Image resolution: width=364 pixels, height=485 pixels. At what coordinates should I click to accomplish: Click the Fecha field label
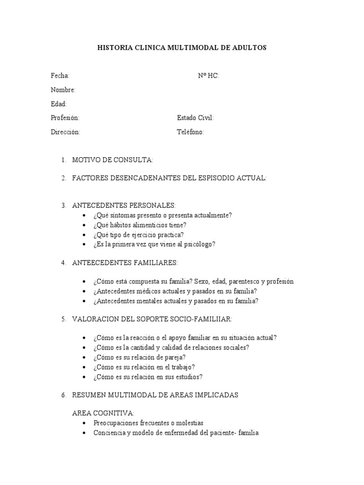(x=60, y=76)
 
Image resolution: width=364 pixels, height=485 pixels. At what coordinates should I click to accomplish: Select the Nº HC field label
(x=208, y=76)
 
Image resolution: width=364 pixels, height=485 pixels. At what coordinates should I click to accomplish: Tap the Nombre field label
(x=63, y=90)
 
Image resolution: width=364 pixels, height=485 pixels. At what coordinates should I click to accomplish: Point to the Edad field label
(x=59, y=104)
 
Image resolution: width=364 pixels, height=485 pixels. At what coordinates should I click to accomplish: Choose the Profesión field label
(x=65, y=118)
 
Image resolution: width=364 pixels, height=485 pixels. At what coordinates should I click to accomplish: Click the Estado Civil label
(x=195, y=118)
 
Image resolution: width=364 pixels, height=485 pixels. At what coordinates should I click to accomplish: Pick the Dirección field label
(x=65, y=132)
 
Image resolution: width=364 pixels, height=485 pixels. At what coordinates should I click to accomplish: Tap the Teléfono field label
(x=191, y=132)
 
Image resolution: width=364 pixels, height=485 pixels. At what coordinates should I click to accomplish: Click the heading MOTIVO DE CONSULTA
(x=112, y=160)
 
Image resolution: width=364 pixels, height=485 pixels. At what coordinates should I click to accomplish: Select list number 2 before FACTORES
(x=63, y=178)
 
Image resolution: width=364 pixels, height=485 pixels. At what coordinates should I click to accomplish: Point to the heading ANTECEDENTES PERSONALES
(x=124, y=205)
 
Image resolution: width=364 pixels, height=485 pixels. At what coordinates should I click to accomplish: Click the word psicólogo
(x=201, y=244)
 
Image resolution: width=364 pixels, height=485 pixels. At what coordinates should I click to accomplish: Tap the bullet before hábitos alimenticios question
(x=84, y=225)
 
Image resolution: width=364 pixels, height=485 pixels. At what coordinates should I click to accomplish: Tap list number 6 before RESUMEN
(x=63, y=395)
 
